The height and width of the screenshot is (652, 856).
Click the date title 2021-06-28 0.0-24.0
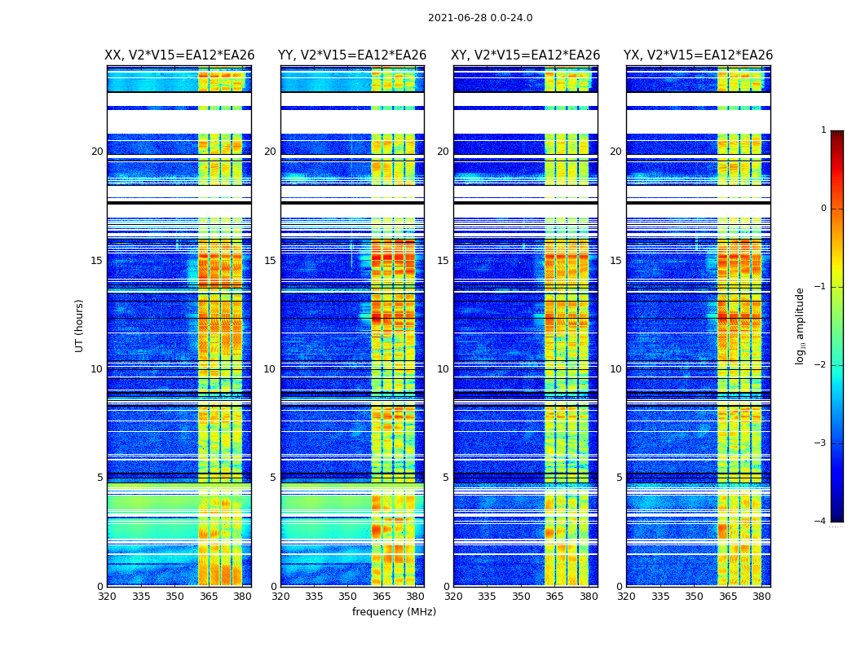click(480, 18)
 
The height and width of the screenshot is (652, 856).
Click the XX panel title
click(179, 55)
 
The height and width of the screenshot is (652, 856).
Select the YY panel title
click(352, 55)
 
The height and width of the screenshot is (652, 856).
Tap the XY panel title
click(526, 55)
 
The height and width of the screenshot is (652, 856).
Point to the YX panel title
click(699, 55)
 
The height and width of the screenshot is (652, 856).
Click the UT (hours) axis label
click(79, 325)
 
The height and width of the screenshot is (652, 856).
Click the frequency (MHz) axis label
click(394, 612)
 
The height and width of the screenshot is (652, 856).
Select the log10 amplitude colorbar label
click(801, 325)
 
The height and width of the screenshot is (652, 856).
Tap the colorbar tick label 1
click(823, 130)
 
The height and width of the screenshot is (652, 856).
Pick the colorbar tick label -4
click(821, 522)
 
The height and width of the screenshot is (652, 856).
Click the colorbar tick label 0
click(823, 209)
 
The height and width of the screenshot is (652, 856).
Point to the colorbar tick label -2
click(821, 365)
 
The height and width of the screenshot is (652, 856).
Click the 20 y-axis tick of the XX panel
click(97, 152)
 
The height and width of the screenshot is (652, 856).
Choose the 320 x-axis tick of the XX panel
click(107, 597)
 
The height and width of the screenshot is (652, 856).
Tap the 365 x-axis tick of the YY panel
click(382, 597)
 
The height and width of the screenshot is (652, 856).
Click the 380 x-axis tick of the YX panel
click(761, 597)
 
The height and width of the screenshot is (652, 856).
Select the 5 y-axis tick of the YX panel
click(619, 478)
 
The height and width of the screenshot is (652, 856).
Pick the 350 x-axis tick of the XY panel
click(521, 597)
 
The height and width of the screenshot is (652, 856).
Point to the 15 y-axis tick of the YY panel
click(269, 261)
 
